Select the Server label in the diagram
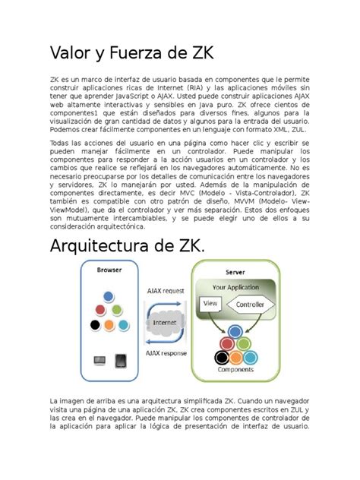(x=234, y=272)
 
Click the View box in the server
(x=208, y=303)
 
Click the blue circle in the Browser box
(x=109, y=295)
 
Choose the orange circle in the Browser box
(x=109, y=324)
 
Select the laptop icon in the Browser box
(x=99, y=360)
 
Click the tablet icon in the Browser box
(x=121, y=360)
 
